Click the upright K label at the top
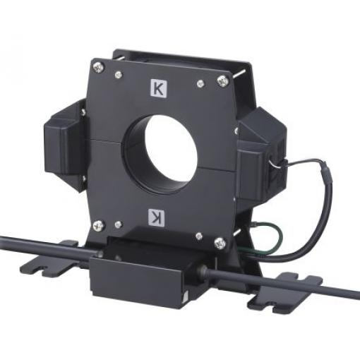[x=159, y=88]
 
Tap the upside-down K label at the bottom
[x=157, y=217]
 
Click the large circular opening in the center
[x=170, y=153]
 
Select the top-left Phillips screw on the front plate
[x=99, y=67]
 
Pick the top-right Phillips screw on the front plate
[x=222, y=80]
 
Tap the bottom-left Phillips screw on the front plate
[x=98, y=226]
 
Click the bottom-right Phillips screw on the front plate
[x=220, y=243]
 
